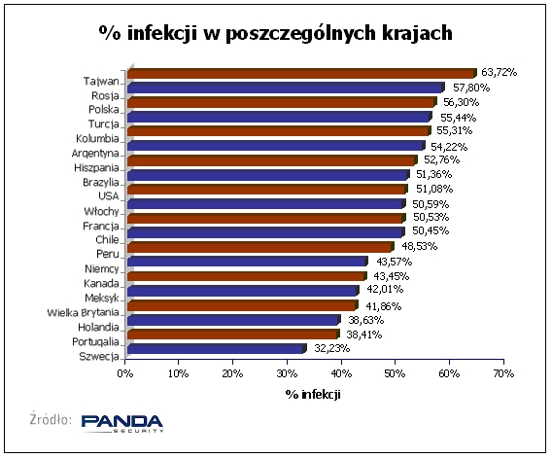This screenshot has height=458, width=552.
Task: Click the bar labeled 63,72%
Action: (x=302, y=73)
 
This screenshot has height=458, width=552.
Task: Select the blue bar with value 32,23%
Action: (x=217, y=349)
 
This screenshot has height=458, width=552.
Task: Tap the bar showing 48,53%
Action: (x=260, y=247)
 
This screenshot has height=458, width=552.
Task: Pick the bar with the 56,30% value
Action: (x=282, y=102)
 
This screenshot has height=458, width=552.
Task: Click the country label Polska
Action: (x=104, y=110)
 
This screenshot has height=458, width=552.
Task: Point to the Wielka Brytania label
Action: (x=83, y=312)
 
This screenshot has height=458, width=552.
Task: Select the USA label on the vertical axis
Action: (x=109, y=196)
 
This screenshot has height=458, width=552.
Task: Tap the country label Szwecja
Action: (x=99, y=357)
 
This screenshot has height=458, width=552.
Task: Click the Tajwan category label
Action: (x=101, y=82)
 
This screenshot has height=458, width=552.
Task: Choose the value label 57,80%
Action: (x=471, y=88)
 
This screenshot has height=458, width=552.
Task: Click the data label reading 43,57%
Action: (x=394, y=262)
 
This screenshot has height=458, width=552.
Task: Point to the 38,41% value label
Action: (x=364, y=335)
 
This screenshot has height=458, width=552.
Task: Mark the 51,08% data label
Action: (x=434, y=189)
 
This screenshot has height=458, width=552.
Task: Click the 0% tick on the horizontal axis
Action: (x=125, y=373)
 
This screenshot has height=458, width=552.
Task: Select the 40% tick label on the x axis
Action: (x=341, y=373)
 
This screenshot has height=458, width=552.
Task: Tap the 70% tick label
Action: (x=503, y=373)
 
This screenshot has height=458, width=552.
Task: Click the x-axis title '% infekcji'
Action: (x=313, y=394)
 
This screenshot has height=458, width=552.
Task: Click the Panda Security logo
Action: (x=122, y=423)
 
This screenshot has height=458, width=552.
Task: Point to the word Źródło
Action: (x=52, y=419)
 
